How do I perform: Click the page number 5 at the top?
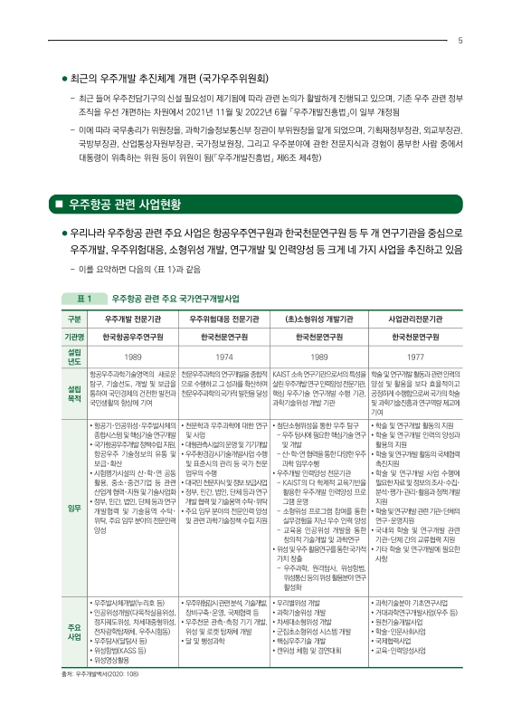pyautogui.click(x=461, y=40)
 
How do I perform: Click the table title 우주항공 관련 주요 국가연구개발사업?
pyautogui.click(x=175, y=298)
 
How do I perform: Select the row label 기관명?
pyautogui.click(x=74, y=337)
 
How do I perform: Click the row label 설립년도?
pyautogui.click(x=74, y=356)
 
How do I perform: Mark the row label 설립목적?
pyautogui.click(x=74, y=391)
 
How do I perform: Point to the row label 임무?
pyautogui.click(x=74, y=508)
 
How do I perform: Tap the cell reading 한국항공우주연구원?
pyautogui.click(x=133, y=337)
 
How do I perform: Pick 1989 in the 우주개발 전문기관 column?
pyautogui.click(x=133, y=357)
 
